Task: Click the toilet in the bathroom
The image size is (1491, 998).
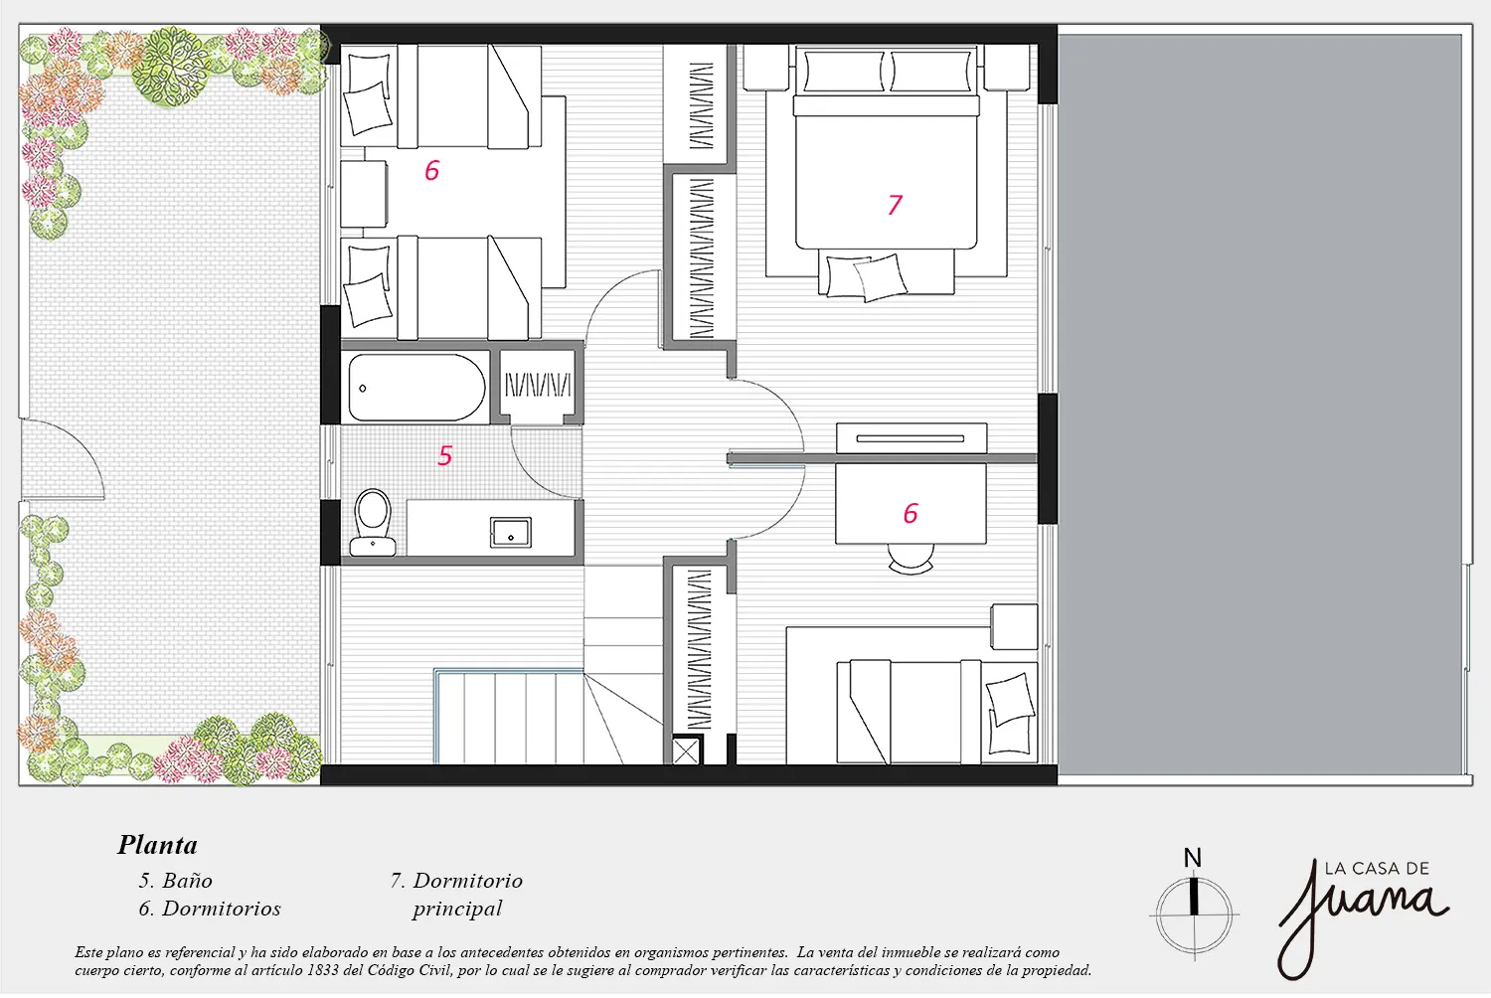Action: click(373, 523)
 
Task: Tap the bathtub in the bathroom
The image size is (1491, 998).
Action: click(416, 388)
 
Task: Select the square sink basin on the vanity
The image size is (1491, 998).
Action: click(511, 533)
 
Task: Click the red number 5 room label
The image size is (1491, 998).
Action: click(444, 455)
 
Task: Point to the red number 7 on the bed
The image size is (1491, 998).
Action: click(896, 205)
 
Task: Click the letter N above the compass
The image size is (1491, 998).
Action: click(1192, 858)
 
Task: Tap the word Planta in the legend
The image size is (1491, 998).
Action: click(158, 846)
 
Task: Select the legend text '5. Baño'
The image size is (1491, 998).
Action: click(176, 881)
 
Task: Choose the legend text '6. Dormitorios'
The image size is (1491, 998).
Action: click(210, 909)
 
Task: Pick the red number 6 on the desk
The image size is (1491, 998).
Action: click(911, 513)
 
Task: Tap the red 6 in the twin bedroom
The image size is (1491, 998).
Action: click(432, 170)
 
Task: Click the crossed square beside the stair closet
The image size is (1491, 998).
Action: click(686, 751)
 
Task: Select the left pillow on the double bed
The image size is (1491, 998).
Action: click(844, 71)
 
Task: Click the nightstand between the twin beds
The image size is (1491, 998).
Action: click(364, 194)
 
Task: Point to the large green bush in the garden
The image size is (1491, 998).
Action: click(171, 66)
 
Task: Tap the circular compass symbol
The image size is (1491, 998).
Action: click(1194, 915)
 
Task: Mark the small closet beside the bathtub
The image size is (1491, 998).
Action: click(537, 386)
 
